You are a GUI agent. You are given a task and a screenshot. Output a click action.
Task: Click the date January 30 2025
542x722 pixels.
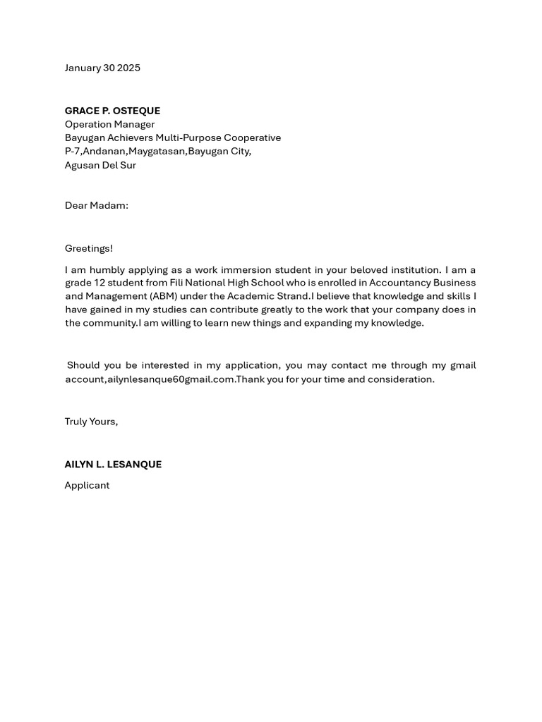[x=102, y=68]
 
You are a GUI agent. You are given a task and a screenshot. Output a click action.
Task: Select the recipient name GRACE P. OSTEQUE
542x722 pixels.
[x=112, y=111]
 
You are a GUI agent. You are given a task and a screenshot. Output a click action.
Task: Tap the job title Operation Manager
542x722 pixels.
[x=109, y=124]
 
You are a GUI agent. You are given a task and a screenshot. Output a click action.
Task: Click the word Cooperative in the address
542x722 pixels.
[x=252, y=137]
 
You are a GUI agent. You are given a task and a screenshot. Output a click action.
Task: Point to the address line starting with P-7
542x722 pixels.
[x=157, y=151]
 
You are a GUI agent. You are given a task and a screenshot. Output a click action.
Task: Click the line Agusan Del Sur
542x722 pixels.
[x=100, y=165]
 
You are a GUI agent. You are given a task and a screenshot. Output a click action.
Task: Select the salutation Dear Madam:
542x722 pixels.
[x=97, y=205]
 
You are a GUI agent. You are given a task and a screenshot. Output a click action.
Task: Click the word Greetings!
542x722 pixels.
[x=89, y=248]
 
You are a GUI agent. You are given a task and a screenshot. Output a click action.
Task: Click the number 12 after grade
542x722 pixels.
[x=100, y=283]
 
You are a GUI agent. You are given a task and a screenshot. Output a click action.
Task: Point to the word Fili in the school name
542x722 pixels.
[x=176, y=283]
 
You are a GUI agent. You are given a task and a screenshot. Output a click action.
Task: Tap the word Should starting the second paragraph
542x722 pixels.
[x=83, y=365]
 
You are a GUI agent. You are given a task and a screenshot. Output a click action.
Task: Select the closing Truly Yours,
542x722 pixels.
[x=91, y=422]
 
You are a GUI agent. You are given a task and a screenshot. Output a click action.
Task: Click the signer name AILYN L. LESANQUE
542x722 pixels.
[x=113, y=465]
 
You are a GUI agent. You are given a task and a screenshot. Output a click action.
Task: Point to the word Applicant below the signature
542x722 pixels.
[x=87, y=485]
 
